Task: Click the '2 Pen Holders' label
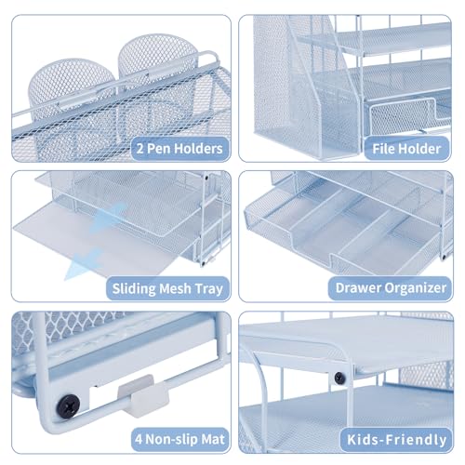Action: [179, 149]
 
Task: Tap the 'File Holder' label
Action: [406, 149]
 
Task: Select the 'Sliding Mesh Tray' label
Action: [167, 288]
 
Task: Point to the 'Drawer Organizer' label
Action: [391, 288]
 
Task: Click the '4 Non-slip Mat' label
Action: [179, 439]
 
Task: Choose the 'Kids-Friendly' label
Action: [397, 440]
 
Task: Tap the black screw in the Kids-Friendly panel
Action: [339, 378]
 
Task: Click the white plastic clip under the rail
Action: [143, 395]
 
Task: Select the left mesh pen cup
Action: [73, 93]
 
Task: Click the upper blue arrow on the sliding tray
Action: [108, 217]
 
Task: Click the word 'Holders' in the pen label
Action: [198, 149]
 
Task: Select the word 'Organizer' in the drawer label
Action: [417, 288]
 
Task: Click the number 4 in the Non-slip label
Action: [139, 440]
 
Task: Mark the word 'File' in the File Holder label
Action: [384, 149]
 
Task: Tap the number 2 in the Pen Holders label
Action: [140, 149]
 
